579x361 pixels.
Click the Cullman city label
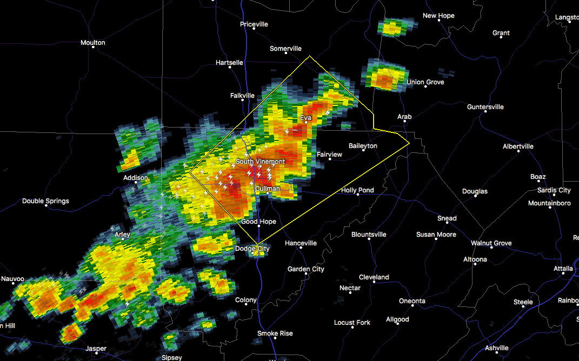[268, 189]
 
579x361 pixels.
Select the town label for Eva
[305, 117]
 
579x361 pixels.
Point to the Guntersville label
[485, 107]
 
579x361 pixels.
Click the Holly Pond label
[357, 190]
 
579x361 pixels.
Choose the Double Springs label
[45, 201]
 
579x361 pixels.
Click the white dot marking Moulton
[93, 47]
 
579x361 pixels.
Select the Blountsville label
[369, 235]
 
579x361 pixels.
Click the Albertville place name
[518, 146]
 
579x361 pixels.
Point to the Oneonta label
[412, 301]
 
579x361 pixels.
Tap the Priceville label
[254, 24]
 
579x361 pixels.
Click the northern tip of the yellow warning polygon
[309, 56]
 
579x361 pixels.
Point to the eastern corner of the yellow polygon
[409, 143]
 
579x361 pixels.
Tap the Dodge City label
[252, 249]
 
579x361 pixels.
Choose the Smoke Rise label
[275, 333]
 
